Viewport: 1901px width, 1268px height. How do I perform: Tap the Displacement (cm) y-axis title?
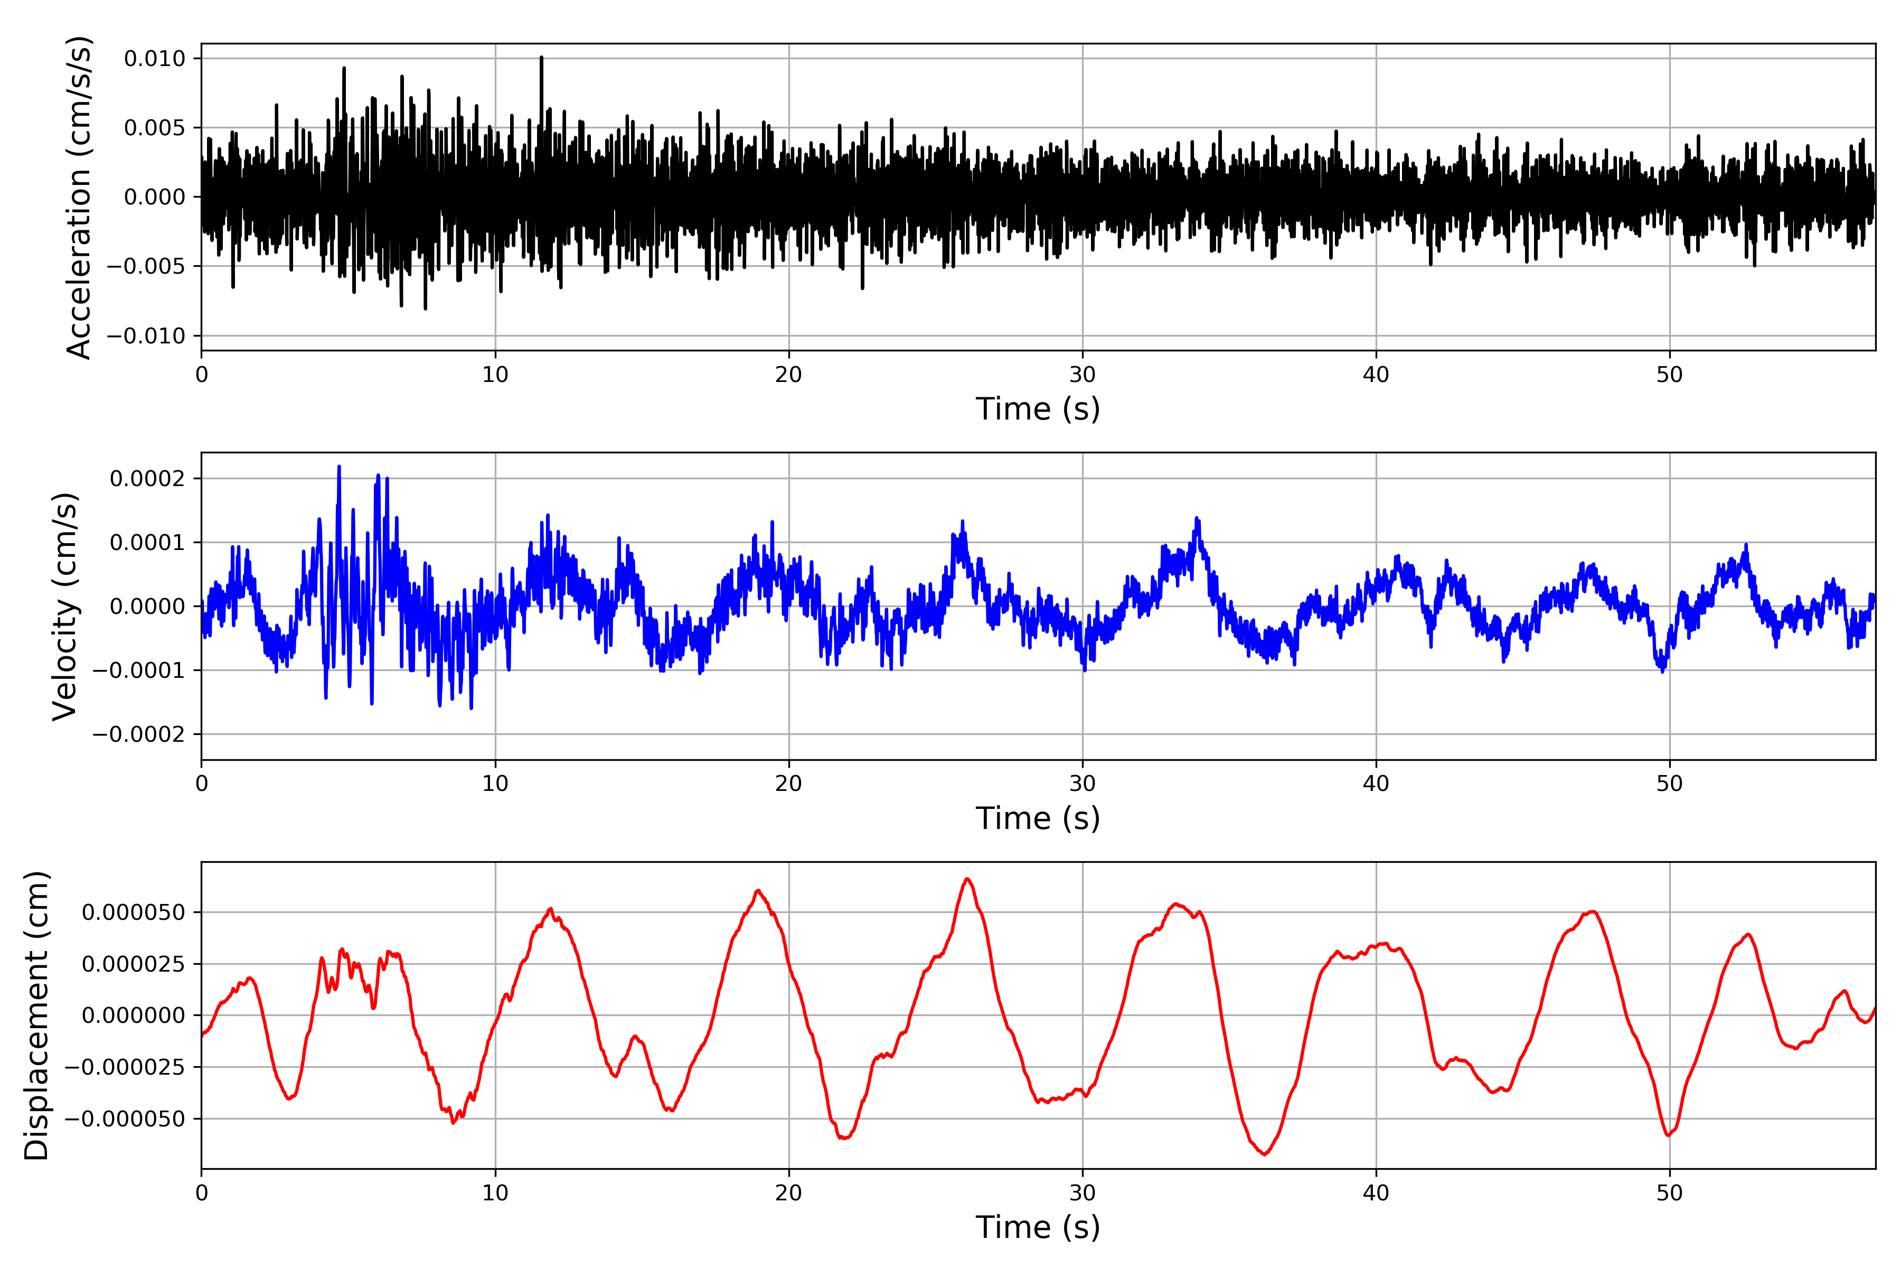click(36, 1015)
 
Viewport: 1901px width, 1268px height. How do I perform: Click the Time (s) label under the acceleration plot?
click(1038, 409)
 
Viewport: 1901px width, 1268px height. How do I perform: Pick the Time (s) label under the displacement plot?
click(1038, 1227)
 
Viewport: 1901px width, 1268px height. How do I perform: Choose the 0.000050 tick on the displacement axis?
click(134, 912)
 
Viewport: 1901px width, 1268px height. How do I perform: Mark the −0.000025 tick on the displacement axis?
click(125, 1067)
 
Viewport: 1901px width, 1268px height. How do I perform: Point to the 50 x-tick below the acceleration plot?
click(1669, 375)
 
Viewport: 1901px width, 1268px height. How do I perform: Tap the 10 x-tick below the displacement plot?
click(495, 1193)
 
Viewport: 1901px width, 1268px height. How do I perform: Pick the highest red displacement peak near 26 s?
click(967, 879)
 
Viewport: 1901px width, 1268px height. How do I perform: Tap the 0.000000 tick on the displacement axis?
click(134, 1015)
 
